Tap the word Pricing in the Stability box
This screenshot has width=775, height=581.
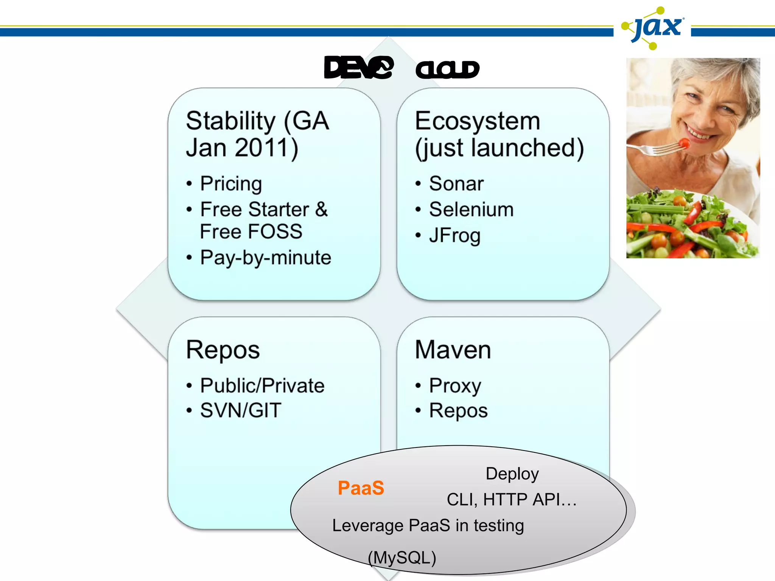(x=231, y=184)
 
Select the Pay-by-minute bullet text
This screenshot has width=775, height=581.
(x=266, y=258)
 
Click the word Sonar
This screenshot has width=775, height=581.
(x=456, y=184)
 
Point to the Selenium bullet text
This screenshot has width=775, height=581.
(x=471, y=210)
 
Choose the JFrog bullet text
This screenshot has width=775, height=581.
(x=454, y=236)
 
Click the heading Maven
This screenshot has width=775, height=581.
(x=453, y=350)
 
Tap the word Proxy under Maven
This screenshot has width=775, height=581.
(x=455, y=386)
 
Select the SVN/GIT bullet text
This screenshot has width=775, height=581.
(x=241, y=410)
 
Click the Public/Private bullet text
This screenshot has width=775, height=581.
(x=262, y=386)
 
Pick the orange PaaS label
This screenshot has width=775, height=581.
(x=361, y=488)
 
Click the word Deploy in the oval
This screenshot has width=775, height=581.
(x=512, y=474)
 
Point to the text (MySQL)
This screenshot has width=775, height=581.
(x=402, y=558)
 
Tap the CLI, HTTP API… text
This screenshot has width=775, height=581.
(x=512, y=500)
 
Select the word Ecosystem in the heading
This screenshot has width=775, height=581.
(x=478, y=121)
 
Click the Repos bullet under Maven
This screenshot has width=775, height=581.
(x=458, y=411)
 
